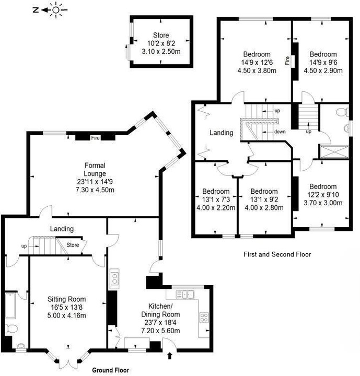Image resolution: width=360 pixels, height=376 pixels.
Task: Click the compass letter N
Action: [36, 10]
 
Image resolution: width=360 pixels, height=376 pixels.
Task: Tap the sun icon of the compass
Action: [56, 10]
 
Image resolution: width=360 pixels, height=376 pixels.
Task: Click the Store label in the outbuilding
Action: [161, 36]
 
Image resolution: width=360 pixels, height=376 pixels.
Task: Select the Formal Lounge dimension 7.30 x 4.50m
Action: [95, 190]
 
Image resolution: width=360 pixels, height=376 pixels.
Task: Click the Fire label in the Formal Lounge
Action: [95, 138]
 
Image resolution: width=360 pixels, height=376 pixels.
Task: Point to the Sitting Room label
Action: [66, 299]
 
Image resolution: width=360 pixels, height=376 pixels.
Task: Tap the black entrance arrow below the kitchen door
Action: [170, 355]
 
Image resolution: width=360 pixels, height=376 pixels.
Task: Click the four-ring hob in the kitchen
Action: [204, 318]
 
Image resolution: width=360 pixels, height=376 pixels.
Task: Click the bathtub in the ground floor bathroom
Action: [10, 305]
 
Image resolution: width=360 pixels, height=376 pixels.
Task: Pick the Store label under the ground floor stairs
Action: [73, 245]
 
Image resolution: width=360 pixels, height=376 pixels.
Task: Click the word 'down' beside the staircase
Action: [280, 132]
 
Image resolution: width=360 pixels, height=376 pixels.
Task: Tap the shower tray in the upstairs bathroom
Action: [334, 152]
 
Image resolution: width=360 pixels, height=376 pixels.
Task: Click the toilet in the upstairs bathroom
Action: [342, 112]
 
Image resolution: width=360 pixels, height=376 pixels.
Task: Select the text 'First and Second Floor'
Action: [277, 254]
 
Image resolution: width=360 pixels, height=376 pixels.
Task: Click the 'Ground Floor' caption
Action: [111, 370]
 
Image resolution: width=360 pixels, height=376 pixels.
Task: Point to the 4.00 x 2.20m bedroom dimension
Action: [216, 208]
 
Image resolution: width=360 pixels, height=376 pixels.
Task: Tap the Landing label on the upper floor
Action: [222, 133]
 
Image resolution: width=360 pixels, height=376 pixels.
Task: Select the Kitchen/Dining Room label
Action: [160, 310]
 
